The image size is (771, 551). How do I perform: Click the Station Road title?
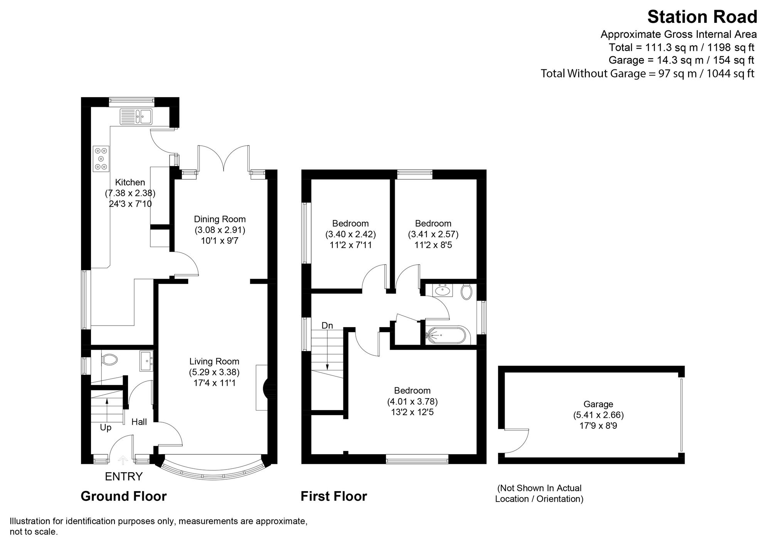click(702, 17)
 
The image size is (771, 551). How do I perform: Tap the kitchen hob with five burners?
click(101, 159)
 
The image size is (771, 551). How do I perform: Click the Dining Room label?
click(219, 219)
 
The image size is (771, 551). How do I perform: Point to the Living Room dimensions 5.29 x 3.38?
click(214, 372)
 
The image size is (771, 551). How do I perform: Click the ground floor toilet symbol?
click(109, 360)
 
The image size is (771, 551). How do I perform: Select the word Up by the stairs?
click(106, 428)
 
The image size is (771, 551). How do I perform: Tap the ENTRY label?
click(124, 477)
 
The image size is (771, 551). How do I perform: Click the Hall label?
click(139, 422)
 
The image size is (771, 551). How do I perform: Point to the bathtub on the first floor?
click(447, 336)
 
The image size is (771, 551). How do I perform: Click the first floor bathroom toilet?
click(466, 292)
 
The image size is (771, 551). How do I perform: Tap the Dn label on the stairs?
click(327, 326)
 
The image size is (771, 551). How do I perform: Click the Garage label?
click(598, 404)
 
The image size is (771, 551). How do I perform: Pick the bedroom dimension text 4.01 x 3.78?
click(412, 401)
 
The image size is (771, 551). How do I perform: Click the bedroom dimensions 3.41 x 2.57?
click(433, 234)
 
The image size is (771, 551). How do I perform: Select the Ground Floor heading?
click(123, 496)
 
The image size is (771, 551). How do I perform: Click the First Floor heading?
click(333, 496)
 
